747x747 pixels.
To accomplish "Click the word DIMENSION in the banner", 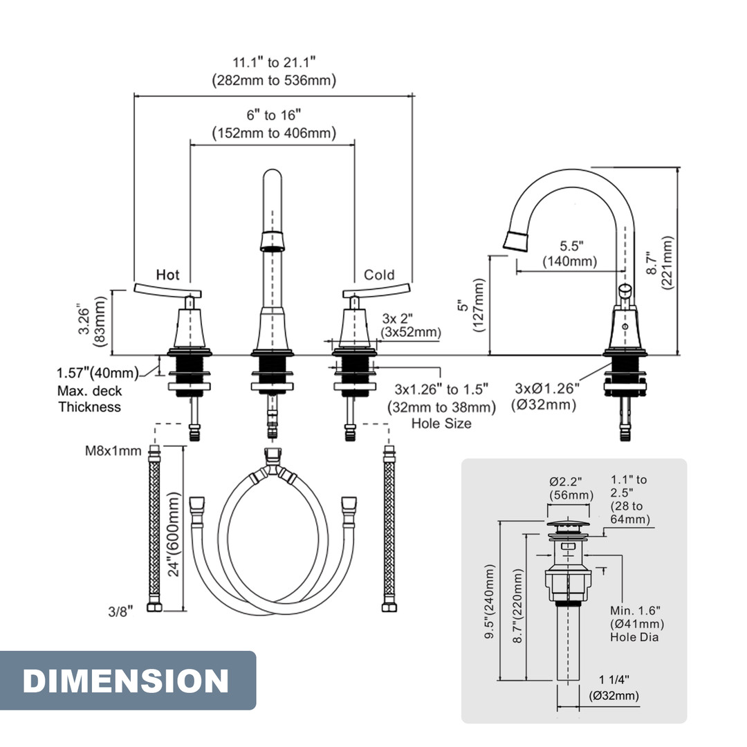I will point(126,681).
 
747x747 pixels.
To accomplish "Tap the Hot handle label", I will point(167,275).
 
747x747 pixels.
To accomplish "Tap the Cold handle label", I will point(379,275).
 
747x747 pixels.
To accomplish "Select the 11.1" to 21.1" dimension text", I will point(274,62).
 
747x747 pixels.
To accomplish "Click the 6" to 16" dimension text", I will point(274,115).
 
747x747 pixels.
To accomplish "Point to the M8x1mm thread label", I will point(114,451).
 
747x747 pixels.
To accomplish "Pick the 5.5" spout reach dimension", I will point(571,246).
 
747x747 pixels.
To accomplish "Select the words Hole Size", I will point(441,423).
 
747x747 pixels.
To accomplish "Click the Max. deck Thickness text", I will point(89,399).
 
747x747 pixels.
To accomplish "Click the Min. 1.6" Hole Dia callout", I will point(635,623).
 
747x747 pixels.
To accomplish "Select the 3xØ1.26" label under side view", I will point(546,387).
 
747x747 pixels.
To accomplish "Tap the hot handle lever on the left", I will point(166,289).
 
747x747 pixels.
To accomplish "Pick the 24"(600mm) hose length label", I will point(174,534).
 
